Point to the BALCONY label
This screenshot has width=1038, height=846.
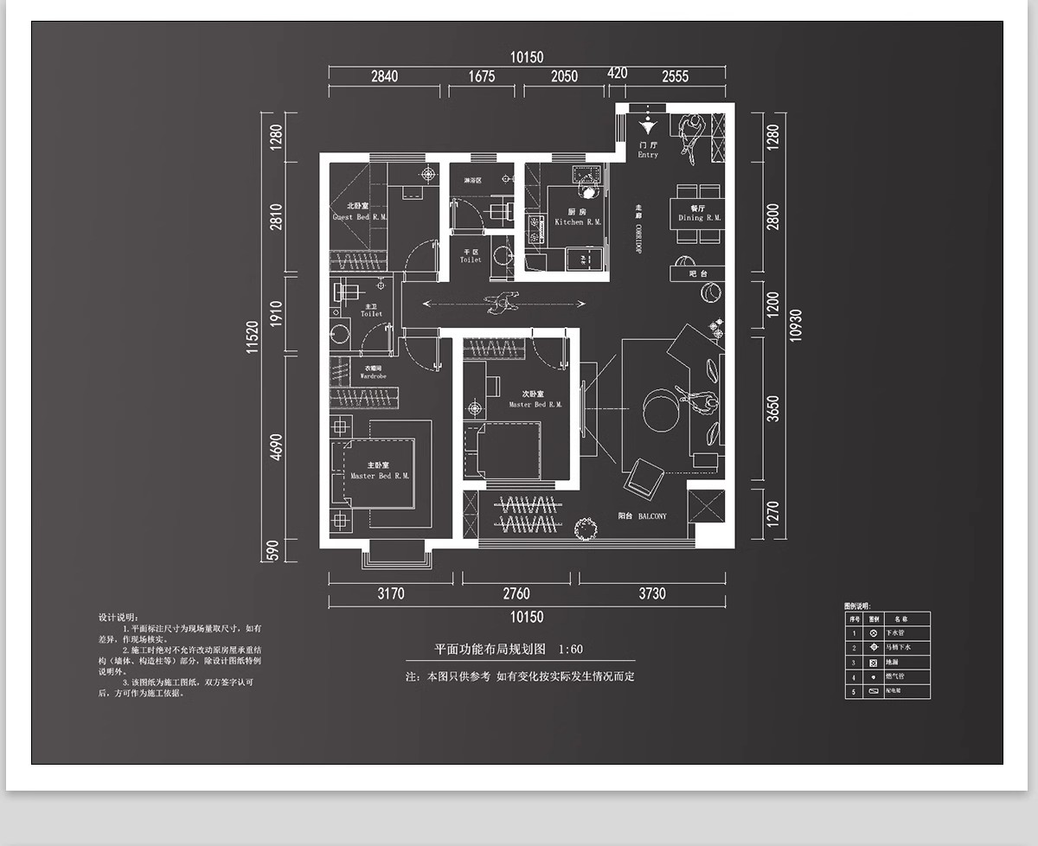[x=642, y=516]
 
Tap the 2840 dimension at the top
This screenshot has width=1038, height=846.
[x=384, y=76]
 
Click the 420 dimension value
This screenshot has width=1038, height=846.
[x=617, y=74]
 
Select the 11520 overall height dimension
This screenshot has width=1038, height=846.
[x=253, y=337]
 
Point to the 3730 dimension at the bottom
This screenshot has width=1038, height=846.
[x=652, y=593]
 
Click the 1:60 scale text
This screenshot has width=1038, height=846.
[x=571, y=649]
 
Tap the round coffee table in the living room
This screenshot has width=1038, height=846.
[x=663, y=410]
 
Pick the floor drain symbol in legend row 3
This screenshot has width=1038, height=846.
[x=874, y=663]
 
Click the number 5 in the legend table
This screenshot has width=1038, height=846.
[x=853, y=692]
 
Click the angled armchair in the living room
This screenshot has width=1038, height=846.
[x=644, y=477]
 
